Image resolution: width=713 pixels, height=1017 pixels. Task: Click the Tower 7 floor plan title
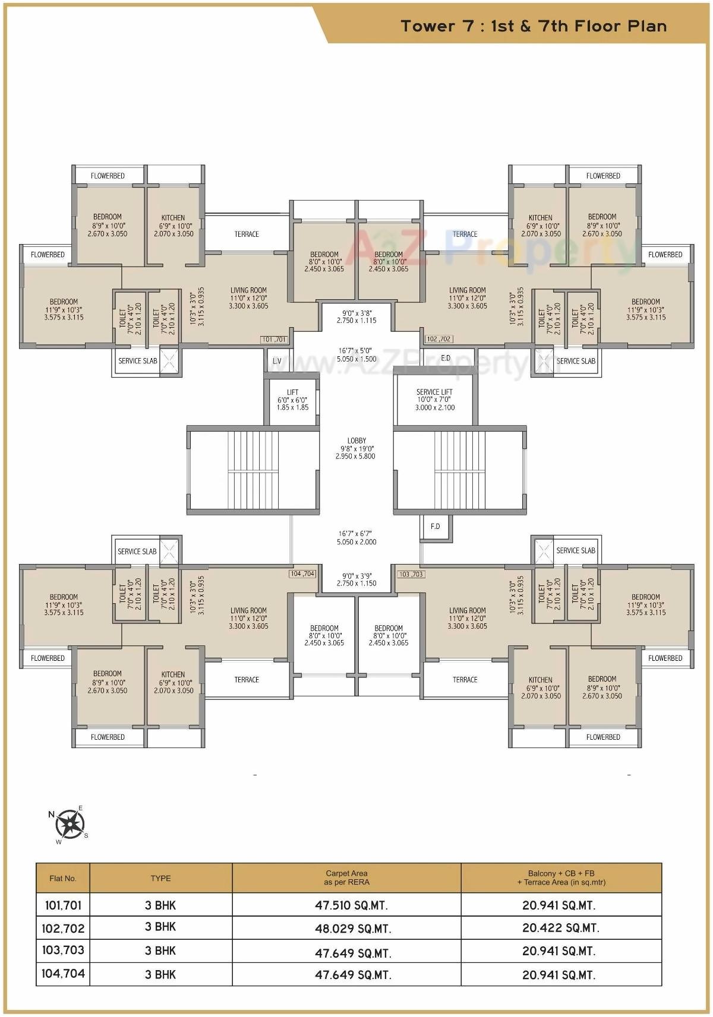tap(533, 26)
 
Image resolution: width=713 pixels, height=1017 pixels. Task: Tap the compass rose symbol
tap(70, 823)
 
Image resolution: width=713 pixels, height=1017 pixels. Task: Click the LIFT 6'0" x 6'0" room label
tap(292, 400)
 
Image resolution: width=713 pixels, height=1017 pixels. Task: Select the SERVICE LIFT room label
tap(434, 400)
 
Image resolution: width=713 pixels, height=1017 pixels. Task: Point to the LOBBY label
tap(356, 448)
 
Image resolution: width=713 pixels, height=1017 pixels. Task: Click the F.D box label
tap(435, 526)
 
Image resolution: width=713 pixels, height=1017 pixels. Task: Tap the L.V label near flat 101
tap(277, 361)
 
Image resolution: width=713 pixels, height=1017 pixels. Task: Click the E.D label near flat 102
tap(446, 358)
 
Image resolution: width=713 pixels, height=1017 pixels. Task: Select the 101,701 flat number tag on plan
tap(274, 340)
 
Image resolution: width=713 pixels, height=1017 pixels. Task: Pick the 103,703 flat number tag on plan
tap(411, 574)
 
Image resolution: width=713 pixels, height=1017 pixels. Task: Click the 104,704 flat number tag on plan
tap(302, 574)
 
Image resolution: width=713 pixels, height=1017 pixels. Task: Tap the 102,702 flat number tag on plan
tap(439, 339)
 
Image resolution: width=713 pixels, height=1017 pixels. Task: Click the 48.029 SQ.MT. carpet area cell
tap(353, 929)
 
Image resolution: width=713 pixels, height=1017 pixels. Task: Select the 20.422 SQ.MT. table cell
tap(560, 928)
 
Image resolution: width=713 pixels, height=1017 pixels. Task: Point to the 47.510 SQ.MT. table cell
tap(351, 905)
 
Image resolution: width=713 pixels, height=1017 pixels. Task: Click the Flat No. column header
tap(63, 878)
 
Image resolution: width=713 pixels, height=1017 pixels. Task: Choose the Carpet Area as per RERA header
tap(346, 877)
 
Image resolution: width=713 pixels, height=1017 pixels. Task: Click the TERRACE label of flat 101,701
tap(247, 234)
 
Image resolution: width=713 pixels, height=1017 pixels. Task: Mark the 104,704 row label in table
tap(63, 974)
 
